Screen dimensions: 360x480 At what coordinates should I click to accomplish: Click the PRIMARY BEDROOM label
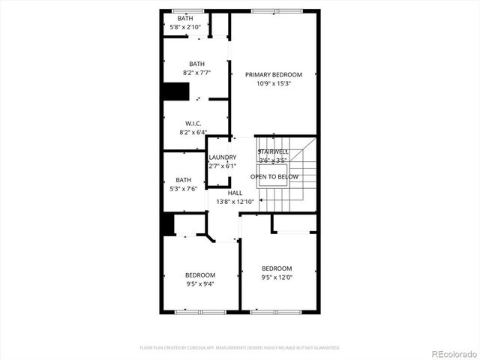(x=273, y=74)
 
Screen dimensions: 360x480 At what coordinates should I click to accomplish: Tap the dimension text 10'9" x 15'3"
(x=273, y=83)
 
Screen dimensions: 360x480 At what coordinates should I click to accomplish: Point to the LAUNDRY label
(x=223, y=157)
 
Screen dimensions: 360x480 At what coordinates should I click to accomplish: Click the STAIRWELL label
(x=273, y=151)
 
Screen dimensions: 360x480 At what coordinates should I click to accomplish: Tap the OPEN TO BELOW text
(x=274, y=177)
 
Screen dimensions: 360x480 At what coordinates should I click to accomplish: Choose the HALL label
(x=235, y=193)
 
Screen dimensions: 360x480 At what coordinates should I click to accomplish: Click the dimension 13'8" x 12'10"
(x=235, y=202)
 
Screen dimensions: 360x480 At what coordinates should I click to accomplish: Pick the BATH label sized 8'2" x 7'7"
(x=196, y=64)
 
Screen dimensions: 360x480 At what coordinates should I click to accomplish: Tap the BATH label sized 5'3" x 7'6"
(x=184, y=180)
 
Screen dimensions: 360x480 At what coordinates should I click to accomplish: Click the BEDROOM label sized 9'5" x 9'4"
(x=200, y=274)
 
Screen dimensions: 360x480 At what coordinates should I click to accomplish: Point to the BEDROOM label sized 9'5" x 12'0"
(x=277, y=268)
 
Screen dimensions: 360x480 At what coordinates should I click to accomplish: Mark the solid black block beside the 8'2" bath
(x=175, y=91)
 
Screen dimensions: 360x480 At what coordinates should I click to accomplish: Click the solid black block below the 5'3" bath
(x=168, y=223)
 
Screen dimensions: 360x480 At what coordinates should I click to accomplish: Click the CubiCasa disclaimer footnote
(x=240, y=348)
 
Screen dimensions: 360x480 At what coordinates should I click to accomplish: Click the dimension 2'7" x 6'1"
(x=223, y=166)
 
